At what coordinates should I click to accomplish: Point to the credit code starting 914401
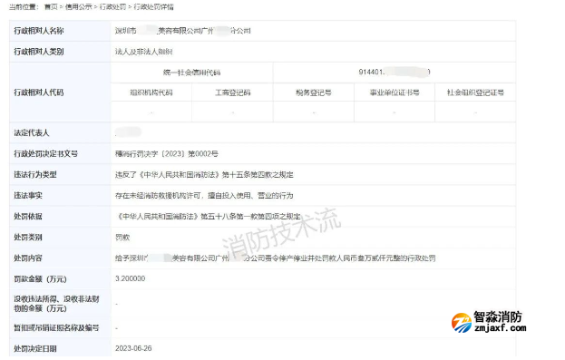(x=390, y=72)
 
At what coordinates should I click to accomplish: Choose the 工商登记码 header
(x=232, y=92)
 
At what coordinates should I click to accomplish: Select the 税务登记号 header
(x=313, y=92)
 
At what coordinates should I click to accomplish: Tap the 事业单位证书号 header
(x=395, y=92)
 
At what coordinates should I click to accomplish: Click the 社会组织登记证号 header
(x=475, y=92)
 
